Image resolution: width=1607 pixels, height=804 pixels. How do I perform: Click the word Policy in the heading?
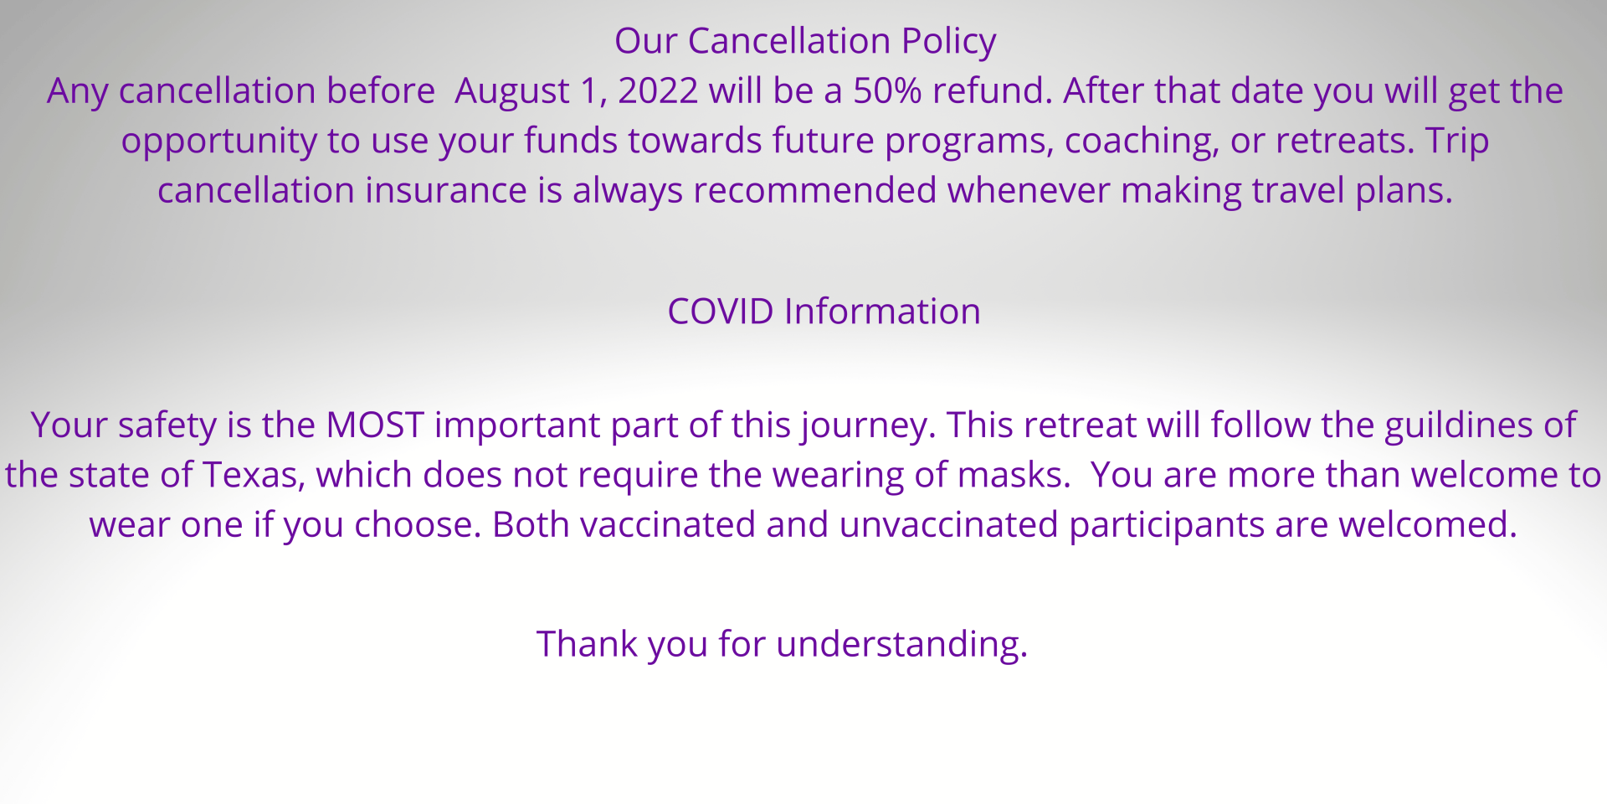(948, 42)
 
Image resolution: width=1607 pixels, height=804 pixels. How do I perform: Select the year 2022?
(658, 90)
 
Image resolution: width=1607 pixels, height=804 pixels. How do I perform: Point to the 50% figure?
(887, 90)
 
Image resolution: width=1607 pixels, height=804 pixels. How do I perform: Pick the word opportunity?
(218, 142)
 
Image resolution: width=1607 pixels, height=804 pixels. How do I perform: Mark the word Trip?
(1457, 142)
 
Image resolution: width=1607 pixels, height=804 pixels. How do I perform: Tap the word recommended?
(814, 190)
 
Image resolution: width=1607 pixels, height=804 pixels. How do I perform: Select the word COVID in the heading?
(721, 312)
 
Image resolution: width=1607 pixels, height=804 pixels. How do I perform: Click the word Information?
(882, 312)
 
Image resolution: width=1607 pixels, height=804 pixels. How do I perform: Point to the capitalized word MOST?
(375, 425)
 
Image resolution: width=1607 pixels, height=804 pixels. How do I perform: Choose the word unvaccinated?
(948, 525)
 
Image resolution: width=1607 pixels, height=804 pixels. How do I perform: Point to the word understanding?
(901, 645)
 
